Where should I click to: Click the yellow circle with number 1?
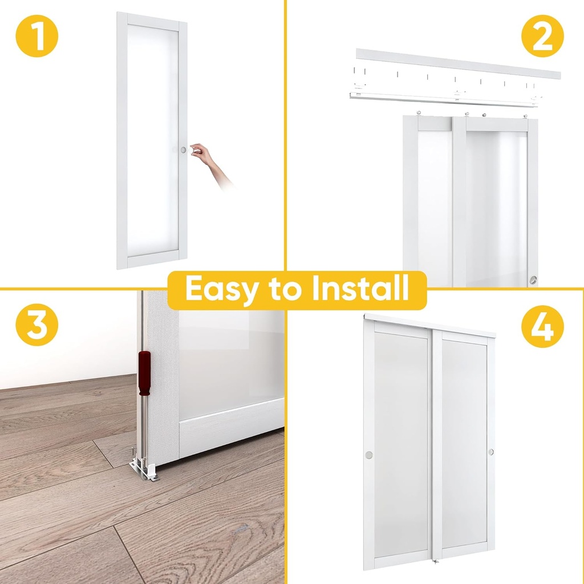(36, 36)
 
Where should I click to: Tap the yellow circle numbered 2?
(543, 36)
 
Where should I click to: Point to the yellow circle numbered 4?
(543, 328)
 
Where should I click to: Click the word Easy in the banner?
(221, 290)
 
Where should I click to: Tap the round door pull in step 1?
(183, 149)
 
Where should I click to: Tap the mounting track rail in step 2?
(445, 98)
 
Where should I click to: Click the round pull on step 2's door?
(533, 279)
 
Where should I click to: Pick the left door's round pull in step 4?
(368, 455)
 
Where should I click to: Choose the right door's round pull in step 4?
(490, 452)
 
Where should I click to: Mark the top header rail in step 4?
(431, 324)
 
